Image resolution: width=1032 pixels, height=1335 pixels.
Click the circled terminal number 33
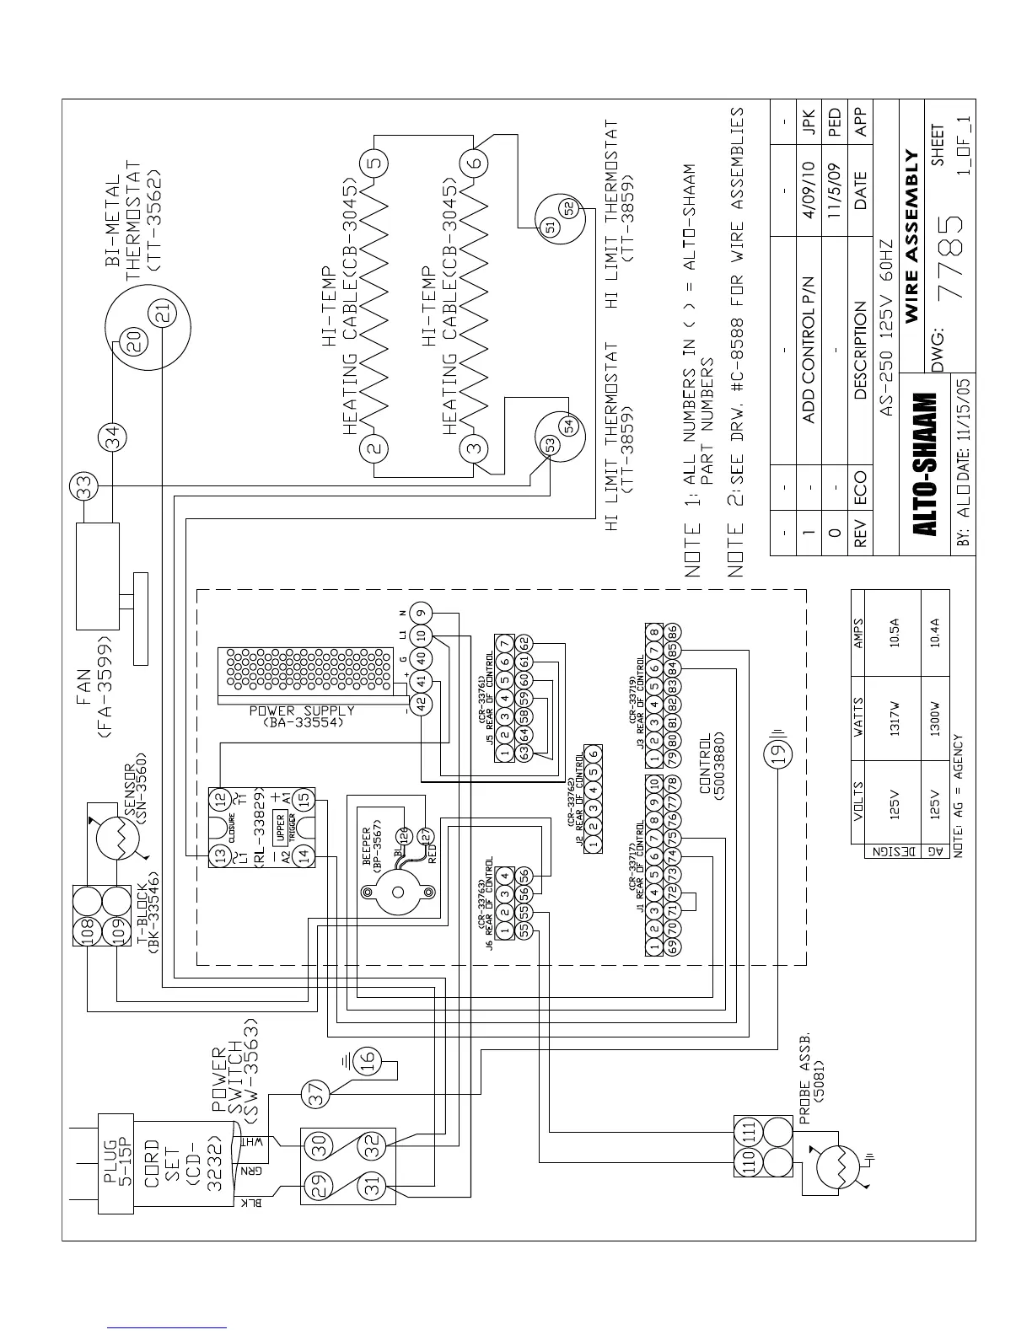pyautogui.click(x=84, y=486)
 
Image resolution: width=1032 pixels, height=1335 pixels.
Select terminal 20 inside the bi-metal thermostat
pyautogui.click(x=135, y=340)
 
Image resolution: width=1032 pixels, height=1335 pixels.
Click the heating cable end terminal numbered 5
pyautogui.click(x=375, y=160)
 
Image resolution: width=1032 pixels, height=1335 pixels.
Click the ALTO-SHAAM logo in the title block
pyautogui.click(x=926, y=464)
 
